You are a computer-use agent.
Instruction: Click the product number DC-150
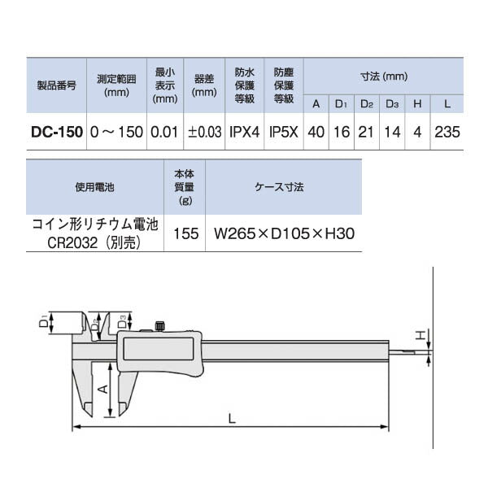click(57, 132)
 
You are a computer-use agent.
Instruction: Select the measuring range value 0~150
click(117, 132)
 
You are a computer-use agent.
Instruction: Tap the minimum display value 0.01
click(164, 132)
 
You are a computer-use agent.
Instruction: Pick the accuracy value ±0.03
click(204, 132)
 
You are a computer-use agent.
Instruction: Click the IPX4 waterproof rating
click(244, 132)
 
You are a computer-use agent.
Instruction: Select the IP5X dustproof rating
click(283, 132)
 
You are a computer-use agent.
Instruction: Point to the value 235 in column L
click(447, 132)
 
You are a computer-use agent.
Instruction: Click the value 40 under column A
click(316, 132)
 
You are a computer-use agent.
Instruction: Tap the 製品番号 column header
click(57, 85)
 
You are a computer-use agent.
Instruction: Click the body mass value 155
click(185, 233)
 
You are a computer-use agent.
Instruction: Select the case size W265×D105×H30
click(284, 233)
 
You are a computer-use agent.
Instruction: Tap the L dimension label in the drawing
click(232, 419)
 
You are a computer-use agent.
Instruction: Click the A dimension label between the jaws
click(102, 389)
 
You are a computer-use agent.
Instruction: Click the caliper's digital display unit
click(160, 351)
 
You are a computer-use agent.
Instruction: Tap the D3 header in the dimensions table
click(392, 104)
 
